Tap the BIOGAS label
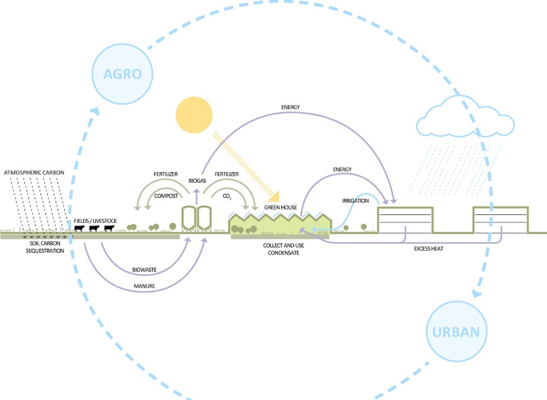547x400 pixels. [x=197, y=180]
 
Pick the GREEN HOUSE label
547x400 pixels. [x=281, y=207]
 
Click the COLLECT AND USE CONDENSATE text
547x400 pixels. [x=281, y=249]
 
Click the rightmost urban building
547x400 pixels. [x=500, y=220]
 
